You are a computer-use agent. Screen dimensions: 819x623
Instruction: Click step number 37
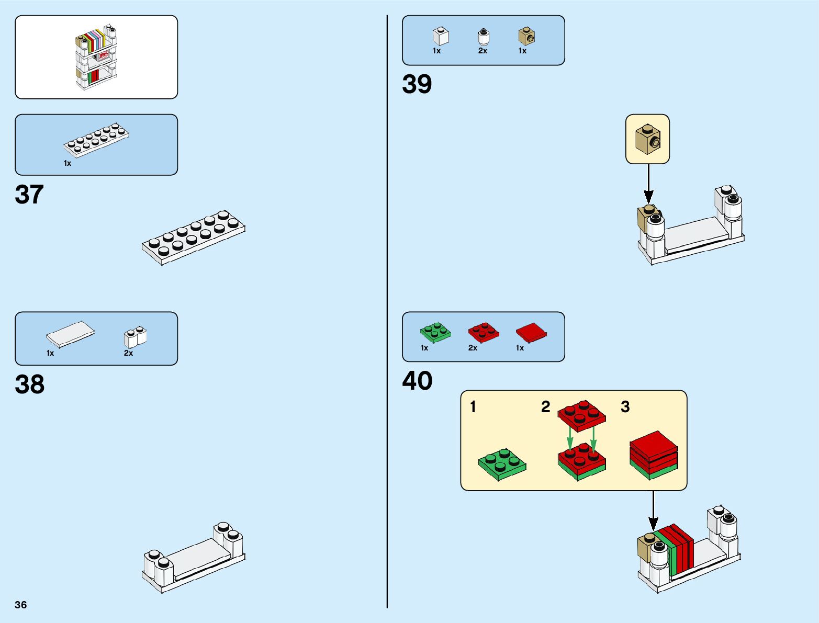(29, 195)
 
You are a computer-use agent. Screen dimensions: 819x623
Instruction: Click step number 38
(30, 384)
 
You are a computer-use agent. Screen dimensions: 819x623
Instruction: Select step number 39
(417, 84)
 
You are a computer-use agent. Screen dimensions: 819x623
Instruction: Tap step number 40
(417, 381)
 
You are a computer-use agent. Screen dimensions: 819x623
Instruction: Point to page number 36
(21, 605)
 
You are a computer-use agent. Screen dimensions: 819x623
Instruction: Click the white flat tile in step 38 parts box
(70, 333)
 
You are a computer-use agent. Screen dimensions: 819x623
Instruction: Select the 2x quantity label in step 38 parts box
(128, 353)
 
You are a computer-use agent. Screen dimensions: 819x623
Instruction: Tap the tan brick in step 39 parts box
(526, 36)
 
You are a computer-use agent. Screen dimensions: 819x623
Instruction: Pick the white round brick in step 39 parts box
(484, 37)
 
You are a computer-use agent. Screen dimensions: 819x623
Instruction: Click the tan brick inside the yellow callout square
(647, 139)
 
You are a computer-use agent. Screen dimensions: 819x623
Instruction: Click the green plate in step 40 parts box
(435, 332)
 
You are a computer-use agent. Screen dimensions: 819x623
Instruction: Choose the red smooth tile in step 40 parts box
(531, 333)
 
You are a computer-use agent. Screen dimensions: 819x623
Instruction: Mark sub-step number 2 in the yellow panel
(545, 407)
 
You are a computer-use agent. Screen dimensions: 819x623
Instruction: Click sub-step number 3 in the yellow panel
(625, 407)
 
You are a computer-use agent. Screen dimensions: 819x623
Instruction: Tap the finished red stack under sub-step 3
(654, 455)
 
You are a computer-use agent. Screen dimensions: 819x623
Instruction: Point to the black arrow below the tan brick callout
(648, 184)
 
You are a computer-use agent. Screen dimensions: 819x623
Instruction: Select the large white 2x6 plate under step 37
(193, 237)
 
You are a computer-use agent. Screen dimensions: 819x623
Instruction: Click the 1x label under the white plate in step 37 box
(68, 163)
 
